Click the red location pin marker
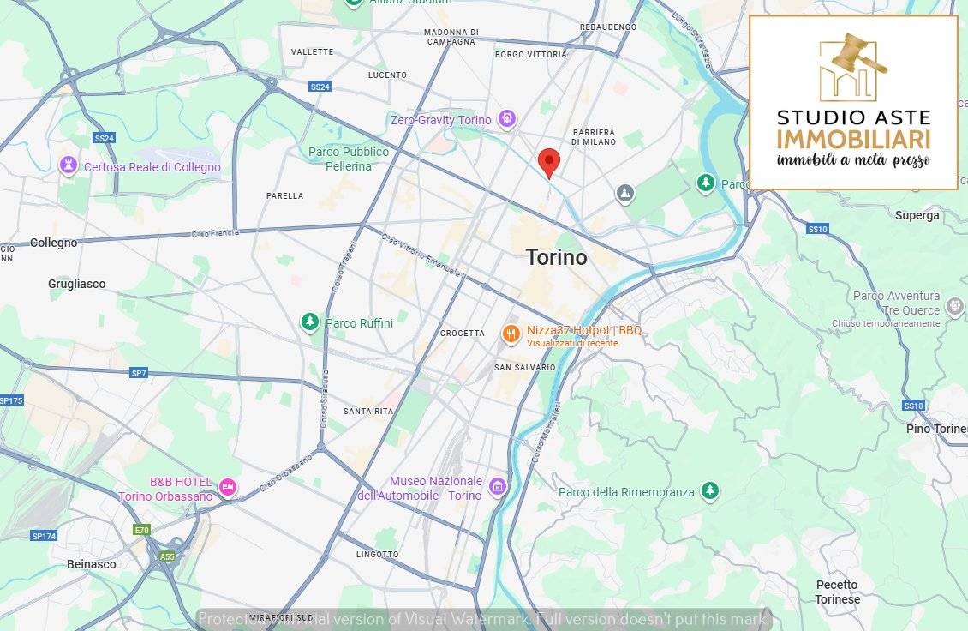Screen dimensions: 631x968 coord(549,161)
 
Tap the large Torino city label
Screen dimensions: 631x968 coord(556,257)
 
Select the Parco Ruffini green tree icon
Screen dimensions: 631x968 coord(309,322)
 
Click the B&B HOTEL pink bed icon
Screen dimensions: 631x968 coord(227,487)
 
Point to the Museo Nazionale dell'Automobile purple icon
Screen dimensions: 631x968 coord(498,487)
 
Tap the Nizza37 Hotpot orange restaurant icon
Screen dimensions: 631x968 coord(511,334)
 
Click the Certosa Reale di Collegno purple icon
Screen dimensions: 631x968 coord(69,165)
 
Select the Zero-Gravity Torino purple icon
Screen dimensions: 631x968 coord(507,119)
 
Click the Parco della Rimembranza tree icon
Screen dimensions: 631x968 coord(709,490)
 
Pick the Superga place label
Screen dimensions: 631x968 coord(917,215)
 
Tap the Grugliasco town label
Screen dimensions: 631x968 coord(77,284)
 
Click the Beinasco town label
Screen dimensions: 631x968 coord(92,564)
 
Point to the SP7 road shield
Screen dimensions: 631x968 coord(139,373)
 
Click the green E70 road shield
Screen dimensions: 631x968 coord(141,530)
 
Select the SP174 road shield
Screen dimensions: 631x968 coord(43,536)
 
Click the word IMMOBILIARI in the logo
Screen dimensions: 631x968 coord(853,138)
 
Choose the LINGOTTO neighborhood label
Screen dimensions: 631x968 coord(378,555)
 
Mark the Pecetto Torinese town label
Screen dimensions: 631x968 coord(837,592)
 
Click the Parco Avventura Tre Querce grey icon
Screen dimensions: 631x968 coord(954,305)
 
